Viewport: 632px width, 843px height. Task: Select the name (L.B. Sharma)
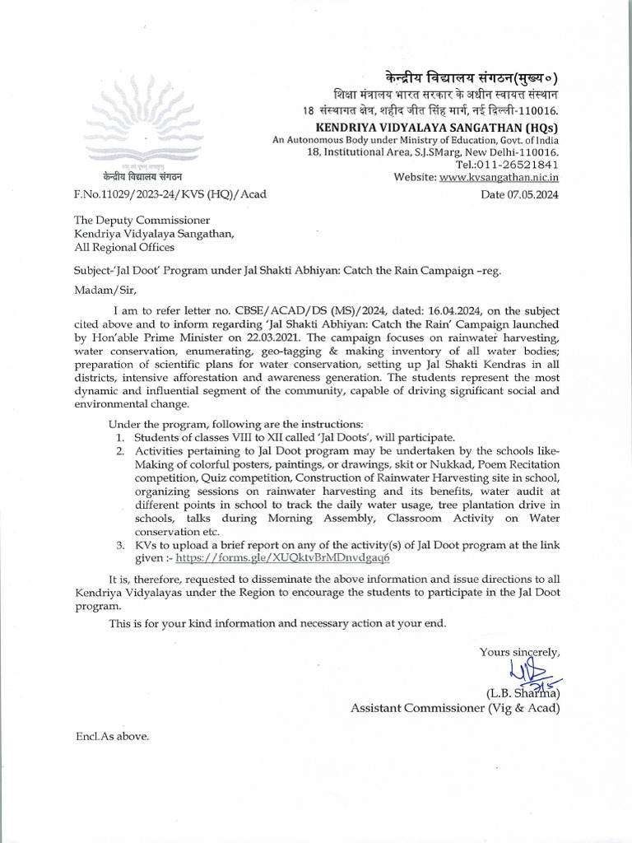click(523, 692)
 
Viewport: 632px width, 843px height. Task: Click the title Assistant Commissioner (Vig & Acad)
click(456, 707)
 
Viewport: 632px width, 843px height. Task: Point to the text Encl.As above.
click(112, 737)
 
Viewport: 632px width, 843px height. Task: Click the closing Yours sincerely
click(519, 652)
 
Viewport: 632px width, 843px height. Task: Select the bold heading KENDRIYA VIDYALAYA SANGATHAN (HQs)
click(438, 128)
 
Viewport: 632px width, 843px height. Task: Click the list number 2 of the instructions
click(120, 451)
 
